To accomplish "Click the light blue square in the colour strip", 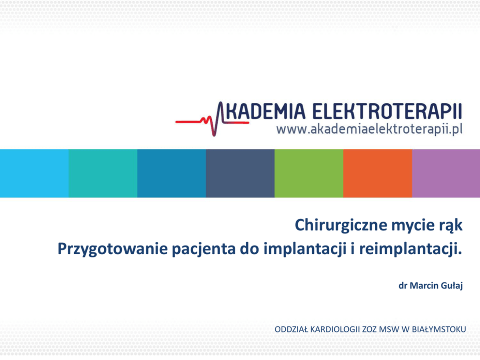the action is pyautogui.click(x=34, y=173).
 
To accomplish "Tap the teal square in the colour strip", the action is pyautogui.click(x=103, y=173).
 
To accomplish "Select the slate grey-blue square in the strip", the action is pyautogui.click(x=240, y=173).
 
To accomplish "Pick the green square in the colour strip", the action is pyautogui.click(x=309, y=173).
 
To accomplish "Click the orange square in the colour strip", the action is pyautogui.click(x=378, y=173).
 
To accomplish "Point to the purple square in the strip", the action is pyautogui.click(x=446, y=173).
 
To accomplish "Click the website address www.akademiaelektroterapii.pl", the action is pyautogui.click(x=369, y=129).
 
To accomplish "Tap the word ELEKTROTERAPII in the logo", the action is pyautogui.click(x=387, y=111).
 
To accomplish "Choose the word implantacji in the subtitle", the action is pyautogui.click(x=305, y=249).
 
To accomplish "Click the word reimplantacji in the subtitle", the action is pyautogui.click(x=410, y=249).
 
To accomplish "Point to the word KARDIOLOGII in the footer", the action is pyautogui.click(x=335, y=330).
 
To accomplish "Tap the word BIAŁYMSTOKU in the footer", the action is pyautogui.click(x=439, y=330).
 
